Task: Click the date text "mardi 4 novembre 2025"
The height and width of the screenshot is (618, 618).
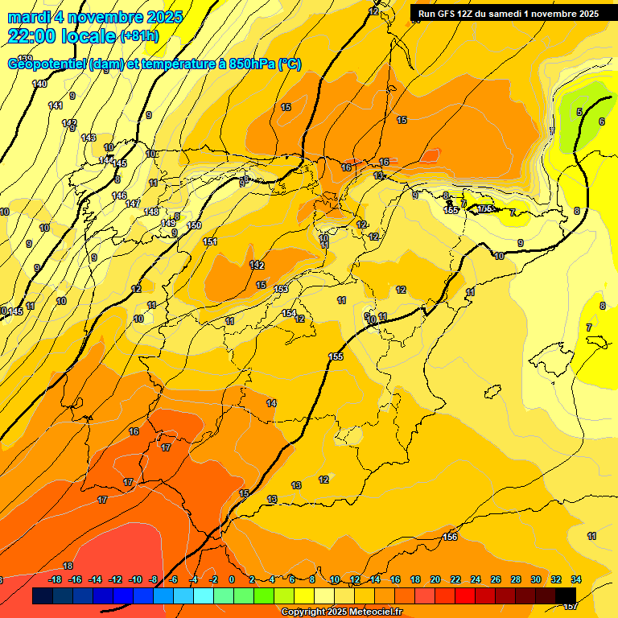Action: click(95, 17)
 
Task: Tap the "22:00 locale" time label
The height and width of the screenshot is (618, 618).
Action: click(61, 35)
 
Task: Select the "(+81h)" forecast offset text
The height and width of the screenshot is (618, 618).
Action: click(138, 35)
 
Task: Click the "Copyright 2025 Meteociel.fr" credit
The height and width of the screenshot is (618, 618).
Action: click(342, 612)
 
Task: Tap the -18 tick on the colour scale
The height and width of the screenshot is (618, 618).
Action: click(55, 579)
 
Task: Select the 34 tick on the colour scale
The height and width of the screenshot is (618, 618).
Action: click(576, 579)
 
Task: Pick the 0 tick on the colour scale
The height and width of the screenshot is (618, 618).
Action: click(232, 579)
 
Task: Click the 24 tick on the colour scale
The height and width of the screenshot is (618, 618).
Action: click(476, 579)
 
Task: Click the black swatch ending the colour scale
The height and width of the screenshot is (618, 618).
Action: click(566, 596)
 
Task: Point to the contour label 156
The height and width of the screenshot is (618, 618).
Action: click(450, 537)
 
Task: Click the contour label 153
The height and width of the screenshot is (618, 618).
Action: click(281, 289)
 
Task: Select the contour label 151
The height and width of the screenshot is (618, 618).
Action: click(210, 241)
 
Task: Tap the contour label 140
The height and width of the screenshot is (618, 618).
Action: click(39, 84)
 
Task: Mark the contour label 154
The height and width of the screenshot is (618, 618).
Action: click(289, 313)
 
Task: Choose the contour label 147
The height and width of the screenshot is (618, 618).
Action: click(133, 204)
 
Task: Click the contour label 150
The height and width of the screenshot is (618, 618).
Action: click(194, 225)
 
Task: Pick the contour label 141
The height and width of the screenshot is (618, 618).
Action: click(56, 105)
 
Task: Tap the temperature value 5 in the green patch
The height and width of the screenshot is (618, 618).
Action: click(579, 112)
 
